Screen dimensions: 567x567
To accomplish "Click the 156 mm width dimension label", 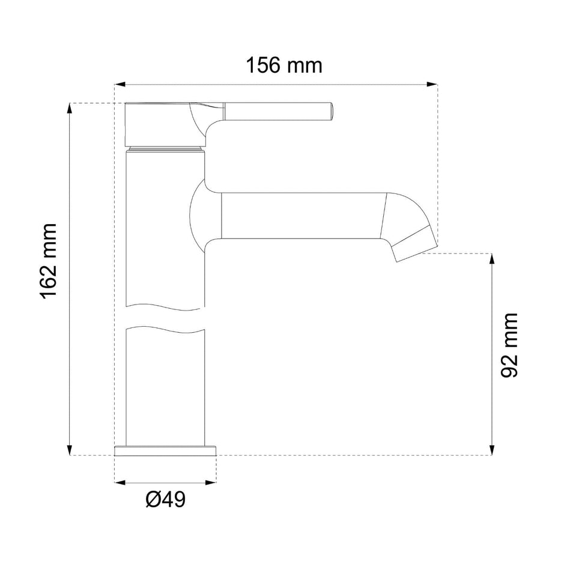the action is click(x=284, y=65).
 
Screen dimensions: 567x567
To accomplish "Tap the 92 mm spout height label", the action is click(x=509, y=345).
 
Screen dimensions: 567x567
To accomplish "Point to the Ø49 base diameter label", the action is click(x=165, y=499).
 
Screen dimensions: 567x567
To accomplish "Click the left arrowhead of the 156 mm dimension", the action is click(x=120, y=84).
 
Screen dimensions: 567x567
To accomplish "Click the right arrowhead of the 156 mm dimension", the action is click(x=432, y=84).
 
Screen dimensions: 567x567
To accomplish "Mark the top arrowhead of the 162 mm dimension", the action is click(x=69, y=109).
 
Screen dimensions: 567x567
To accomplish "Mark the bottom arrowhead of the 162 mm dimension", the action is click(x=69, y=450).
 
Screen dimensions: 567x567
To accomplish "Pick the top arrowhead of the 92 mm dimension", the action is click(x=492, y=258).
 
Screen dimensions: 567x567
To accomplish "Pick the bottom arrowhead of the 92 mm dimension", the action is click(x=492, y=450).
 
